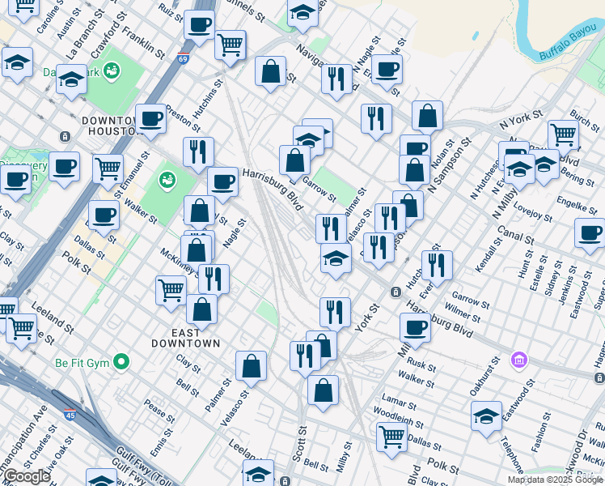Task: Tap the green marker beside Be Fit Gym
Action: (x=121, y=361)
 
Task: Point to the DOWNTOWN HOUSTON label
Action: (x=113, y=126)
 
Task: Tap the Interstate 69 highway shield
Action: (x=183, y=58)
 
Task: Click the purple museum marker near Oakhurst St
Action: (x=519, y=359)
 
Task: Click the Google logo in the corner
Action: (x=27, y=476)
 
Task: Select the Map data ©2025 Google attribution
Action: (x=555, y=480)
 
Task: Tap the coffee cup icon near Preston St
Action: (x=150, y=119)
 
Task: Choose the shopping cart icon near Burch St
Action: (x=563, y=134)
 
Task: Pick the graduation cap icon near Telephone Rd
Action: (x=486, y=416)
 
